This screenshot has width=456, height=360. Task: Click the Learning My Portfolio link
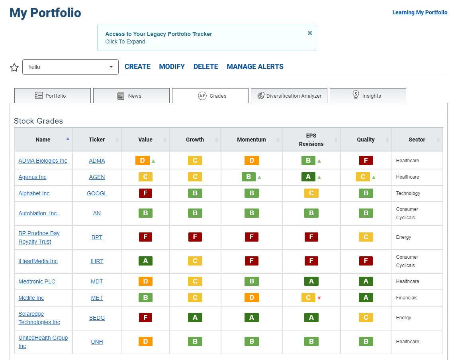420,12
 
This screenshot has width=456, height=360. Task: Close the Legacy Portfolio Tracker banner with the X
310,33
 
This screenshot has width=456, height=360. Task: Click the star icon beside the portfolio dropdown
14,67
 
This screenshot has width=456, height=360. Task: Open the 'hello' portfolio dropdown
70,67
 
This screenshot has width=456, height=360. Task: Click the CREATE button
137,67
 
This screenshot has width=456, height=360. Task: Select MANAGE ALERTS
255,67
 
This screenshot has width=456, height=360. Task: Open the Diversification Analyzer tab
289,96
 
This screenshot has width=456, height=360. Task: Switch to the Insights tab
368,96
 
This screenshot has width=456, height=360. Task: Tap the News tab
131,96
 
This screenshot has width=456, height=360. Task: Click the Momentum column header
252,140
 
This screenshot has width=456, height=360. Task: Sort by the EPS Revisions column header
311,140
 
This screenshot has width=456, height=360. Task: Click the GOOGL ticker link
97,193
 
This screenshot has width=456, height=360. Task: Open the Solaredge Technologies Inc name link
39,318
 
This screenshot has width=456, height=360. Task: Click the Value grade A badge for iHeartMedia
145,261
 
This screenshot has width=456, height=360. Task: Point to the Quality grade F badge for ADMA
366,160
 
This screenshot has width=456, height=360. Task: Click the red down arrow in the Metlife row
319,298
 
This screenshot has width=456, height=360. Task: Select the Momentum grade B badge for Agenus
249,177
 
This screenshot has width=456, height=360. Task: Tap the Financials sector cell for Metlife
407,298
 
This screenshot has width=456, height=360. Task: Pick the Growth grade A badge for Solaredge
195,317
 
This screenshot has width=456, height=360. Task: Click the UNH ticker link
97,342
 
